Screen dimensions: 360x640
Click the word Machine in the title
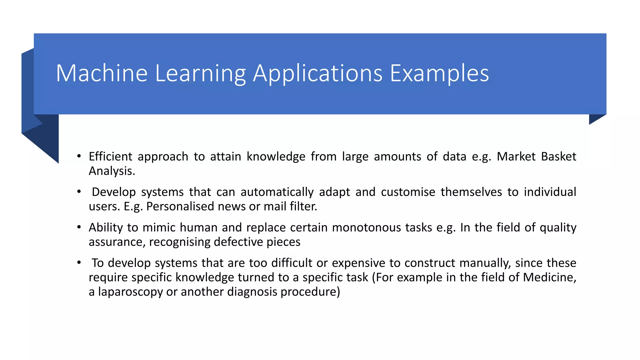(x=102, y=73)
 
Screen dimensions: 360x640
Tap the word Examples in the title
(x=439, y=73)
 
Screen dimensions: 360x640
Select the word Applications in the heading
(x=317, y=73)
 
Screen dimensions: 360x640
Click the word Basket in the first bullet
(x=558, y=156)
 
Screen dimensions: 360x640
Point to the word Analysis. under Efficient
(x=112, y=171)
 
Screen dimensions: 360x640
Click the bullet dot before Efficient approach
(x=79, y=156)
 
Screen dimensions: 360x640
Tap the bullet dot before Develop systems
(x=79, y=191)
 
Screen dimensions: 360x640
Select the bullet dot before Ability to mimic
(x=79, y=227)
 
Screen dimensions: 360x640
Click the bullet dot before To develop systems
(x=79, y=262)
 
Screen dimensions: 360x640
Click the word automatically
(x=277, y=192)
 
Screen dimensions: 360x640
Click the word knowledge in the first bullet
(x=276, y=156)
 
